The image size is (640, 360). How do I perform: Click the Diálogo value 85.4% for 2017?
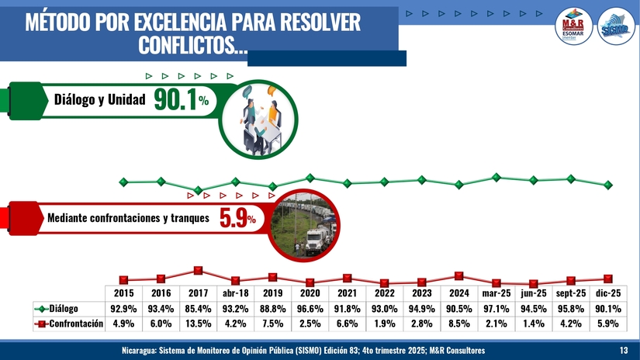[x=198, y=309]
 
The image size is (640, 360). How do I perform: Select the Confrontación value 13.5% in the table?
[x=198, y=324]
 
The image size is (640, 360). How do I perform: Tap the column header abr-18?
[x=235, y=294]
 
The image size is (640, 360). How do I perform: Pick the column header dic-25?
[x=607, y=294]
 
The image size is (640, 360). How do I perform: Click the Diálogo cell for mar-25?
[x=496, y=309]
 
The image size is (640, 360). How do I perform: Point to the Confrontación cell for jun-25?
[x=533, y=324]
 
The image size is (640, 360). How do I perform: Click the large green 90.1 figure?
[x=175, y=99]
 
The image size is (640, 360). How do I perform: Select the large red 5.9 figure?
[x=233, y=220]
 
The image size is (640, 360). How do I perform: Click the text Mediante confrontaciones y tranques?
[x=128, y=219]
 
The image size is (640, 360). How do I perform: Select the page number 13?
[x=624, y=351]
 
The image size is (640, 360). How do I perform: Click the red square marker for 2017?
[x=198, y=270]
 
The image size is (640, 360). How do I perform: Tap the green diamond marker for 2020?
[x=310, y=178]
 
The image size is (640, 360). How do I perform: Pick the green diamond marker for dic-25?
[x=607, y=185]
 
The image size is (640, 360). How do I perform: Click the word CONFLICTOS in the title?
[x=189, y=46]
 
